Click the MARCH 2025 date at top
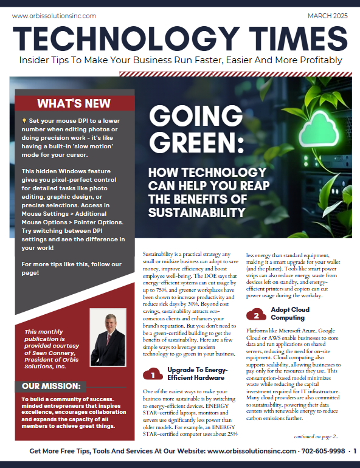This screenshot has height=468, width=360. coord(328,16)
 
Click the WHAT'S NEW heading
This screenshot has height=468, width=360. coord(74,103)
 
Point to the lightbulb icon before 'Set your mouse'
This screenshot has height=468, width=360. coord(24,120)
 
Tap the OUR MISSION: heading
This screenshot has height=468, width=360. coord(51,386)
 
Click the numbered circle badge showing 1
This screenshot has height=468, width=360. coord(152,374)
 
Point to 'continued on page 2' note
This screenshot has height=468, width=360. coord(320,436)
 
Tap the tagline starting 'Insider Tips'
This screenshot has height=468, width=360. coord(180,60)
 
